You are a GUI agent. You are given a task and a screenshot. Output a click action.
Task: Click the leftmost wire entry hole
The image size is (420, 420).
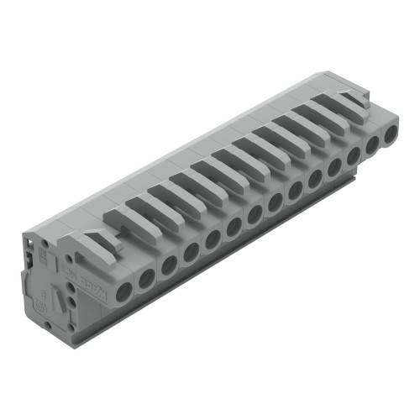coord(124,291)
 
